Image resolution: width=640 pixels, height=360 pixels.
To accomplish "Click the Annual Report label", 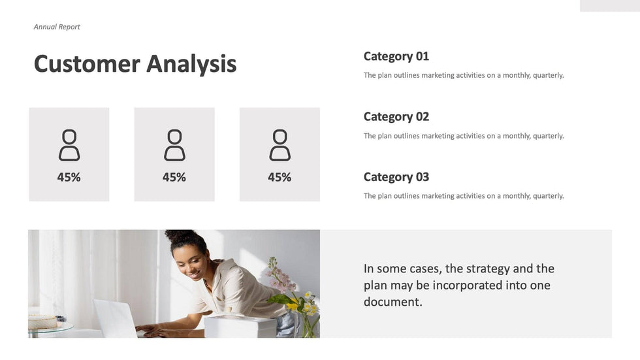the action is click(x=57, y=27).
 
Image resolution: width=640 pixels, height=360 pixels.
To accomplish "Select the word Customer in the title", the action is click(x=87, y=63).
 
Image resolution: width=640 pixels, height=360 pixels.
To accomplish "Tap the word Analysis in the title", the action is click(x=191, y=65).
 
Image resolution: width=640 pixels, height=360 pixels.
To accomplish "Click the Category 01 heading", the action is click(x=396, y=56).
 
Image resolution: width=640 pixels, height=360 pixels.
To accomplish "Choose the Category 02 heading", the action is click(x=396, y=117).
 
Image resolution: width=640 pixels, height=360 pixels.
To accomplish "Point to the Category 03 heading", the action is click(x=396, y=177).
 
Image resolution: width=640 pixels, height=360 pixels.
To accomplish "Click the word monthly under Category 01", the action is click(x=516, y=76).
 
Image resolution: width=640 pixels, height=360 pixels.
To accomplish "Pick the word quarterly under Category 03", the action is click(x=548, y=196).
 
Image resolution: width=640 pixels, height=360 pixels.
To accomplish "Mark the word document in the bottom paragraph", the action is click(x=392, y=302).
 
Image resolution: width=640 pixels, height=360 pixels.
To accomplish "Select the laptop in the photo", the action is click(x=117, y=318).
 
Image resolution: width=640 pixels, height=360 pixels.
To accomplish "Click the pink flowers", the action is click(x=280, y=276).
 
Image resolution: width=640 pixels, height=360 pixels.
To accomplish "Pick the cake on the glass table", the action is click(x=42, y=321).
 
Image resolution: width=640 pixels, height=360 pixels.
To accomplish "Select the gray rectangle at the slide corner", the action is click(x=610, y=6).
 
